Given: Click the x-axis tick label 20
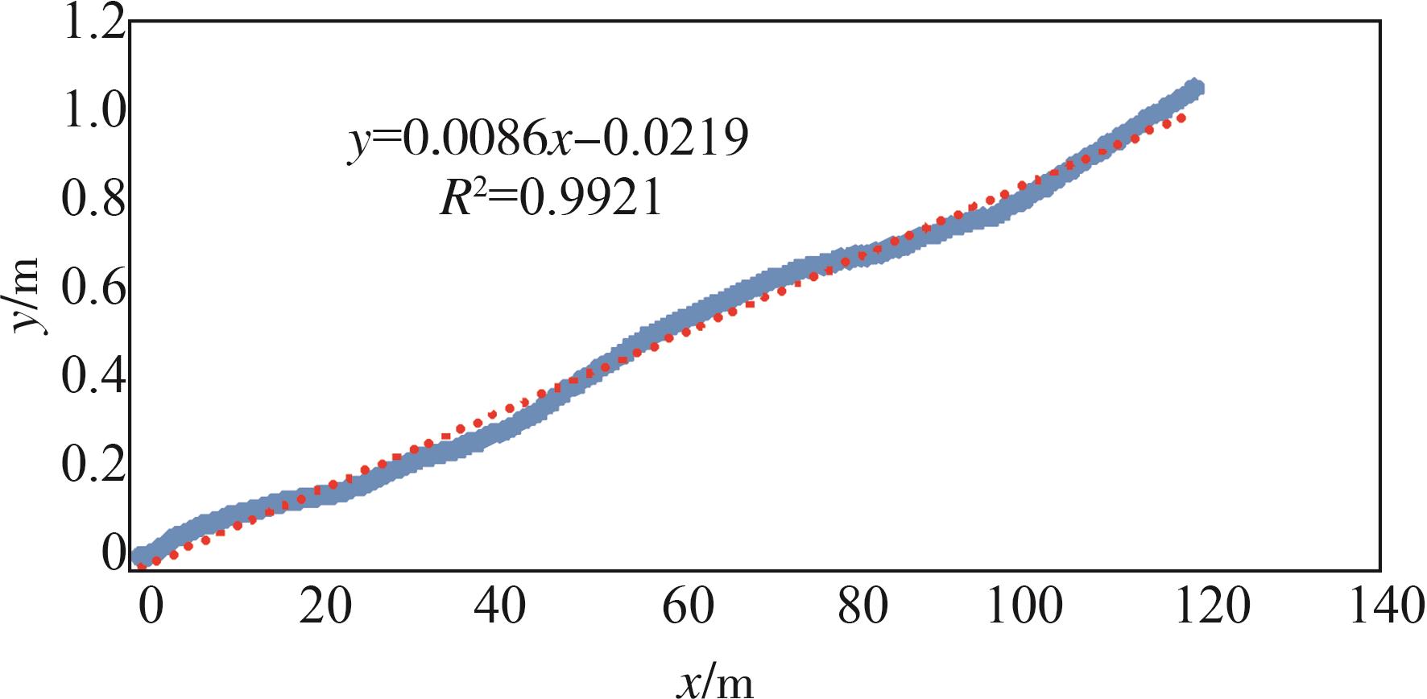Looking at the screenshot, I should click(x=325, y=606).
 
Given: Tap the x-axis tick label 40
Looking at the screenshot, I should click(x=500, y=606).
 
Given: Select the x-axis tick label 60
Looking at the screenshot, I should click(x=688, y=606).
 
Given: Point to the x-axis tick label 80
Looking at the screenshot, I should click(x=862, y=606).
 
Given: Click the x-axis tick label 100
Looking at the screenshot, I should click(x=1024, y=606).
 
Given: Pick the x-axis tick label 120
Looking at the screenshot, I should click(x=1213, y=606).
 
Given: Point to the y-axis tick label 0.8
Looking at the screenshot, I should click(x=94, y=198).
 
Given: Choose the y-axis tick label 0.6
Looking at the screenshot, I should click(x=94, y=287).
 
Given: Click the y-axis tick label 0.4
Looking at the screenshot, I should click(x=94, y=375).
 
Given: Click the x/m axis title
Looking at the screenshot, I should click(x=713, y=683).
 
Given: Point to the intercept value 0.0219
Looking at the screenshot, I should click(x=675, y=139).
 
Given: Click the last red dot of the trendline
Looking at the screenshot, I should click(x=1181, y=118).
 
